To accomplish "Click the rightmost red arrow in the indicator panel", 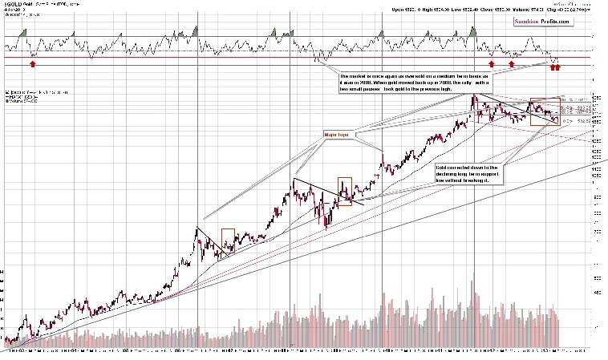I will point(558,66).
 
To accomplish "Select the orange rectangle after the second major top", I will point(346,191).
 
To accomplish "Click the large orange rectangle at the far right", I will point(542,111).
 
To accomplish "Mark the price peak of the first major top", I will point(197,229).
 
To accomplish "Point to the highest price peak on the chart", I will point(475,95).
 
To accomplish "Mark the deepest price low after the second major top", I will point(326,228).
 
